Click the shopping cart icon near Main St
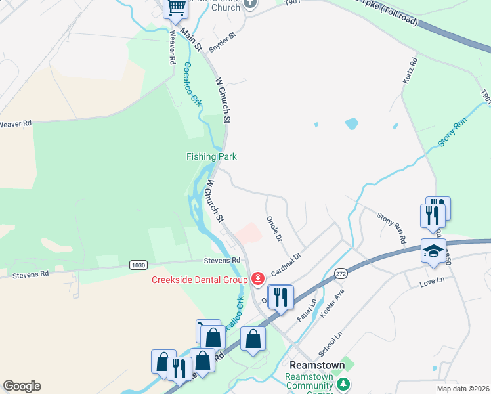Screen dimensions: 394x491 click(175, 8)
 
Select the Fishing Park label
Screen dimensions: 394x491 click(211, 156)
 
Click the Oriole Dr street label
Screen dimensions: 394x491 click(274, 228)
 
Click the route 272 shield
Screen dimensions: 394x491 click(340, 272)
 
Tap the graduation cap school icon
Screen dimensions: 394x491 click(433, 252)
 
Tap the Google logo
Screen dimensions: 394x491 click(22, 386)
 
